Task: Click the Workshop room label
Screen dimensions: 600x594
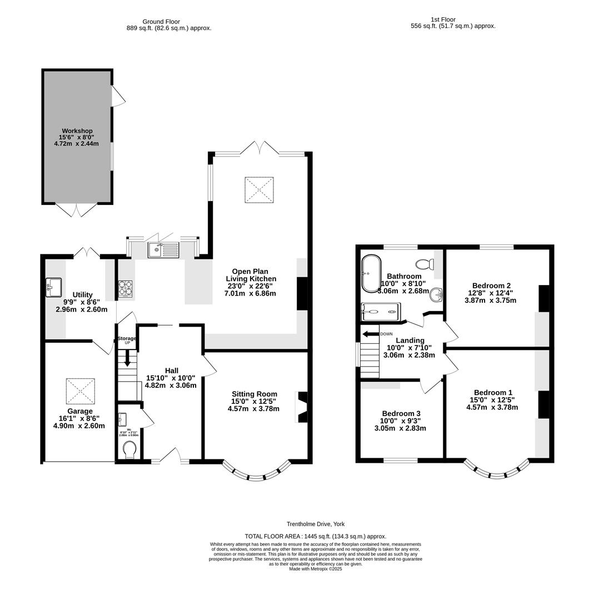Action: coord(77,131)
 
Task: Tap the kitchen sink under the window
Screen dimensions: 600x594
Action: coord(163,250)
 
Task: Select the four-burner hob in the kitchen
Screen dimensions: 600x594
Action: coord(125,288)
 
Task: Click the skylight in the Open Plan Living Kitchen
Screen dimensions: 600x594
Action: coord(259,190)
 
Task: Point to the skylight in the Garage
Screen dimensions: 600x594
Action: coord(80,391)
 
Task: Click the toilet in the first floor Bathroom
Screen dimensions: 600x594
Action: coord(425,264)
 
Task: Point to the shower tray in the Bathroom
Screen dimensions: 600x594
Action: coord(380,312)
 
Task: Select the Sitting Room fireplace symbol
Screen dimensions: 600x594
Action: coord(302,407)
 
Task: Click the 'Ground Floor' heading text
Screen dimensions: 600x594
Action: coord(161,22)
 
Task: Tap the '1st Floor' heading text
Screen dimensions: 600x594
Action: coord(442,19)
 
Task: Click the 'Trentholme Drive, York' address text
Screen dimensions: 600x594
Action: coord(316,524)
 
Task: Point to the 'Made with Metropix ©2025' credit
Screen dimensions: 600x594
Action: coord(316,569)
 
